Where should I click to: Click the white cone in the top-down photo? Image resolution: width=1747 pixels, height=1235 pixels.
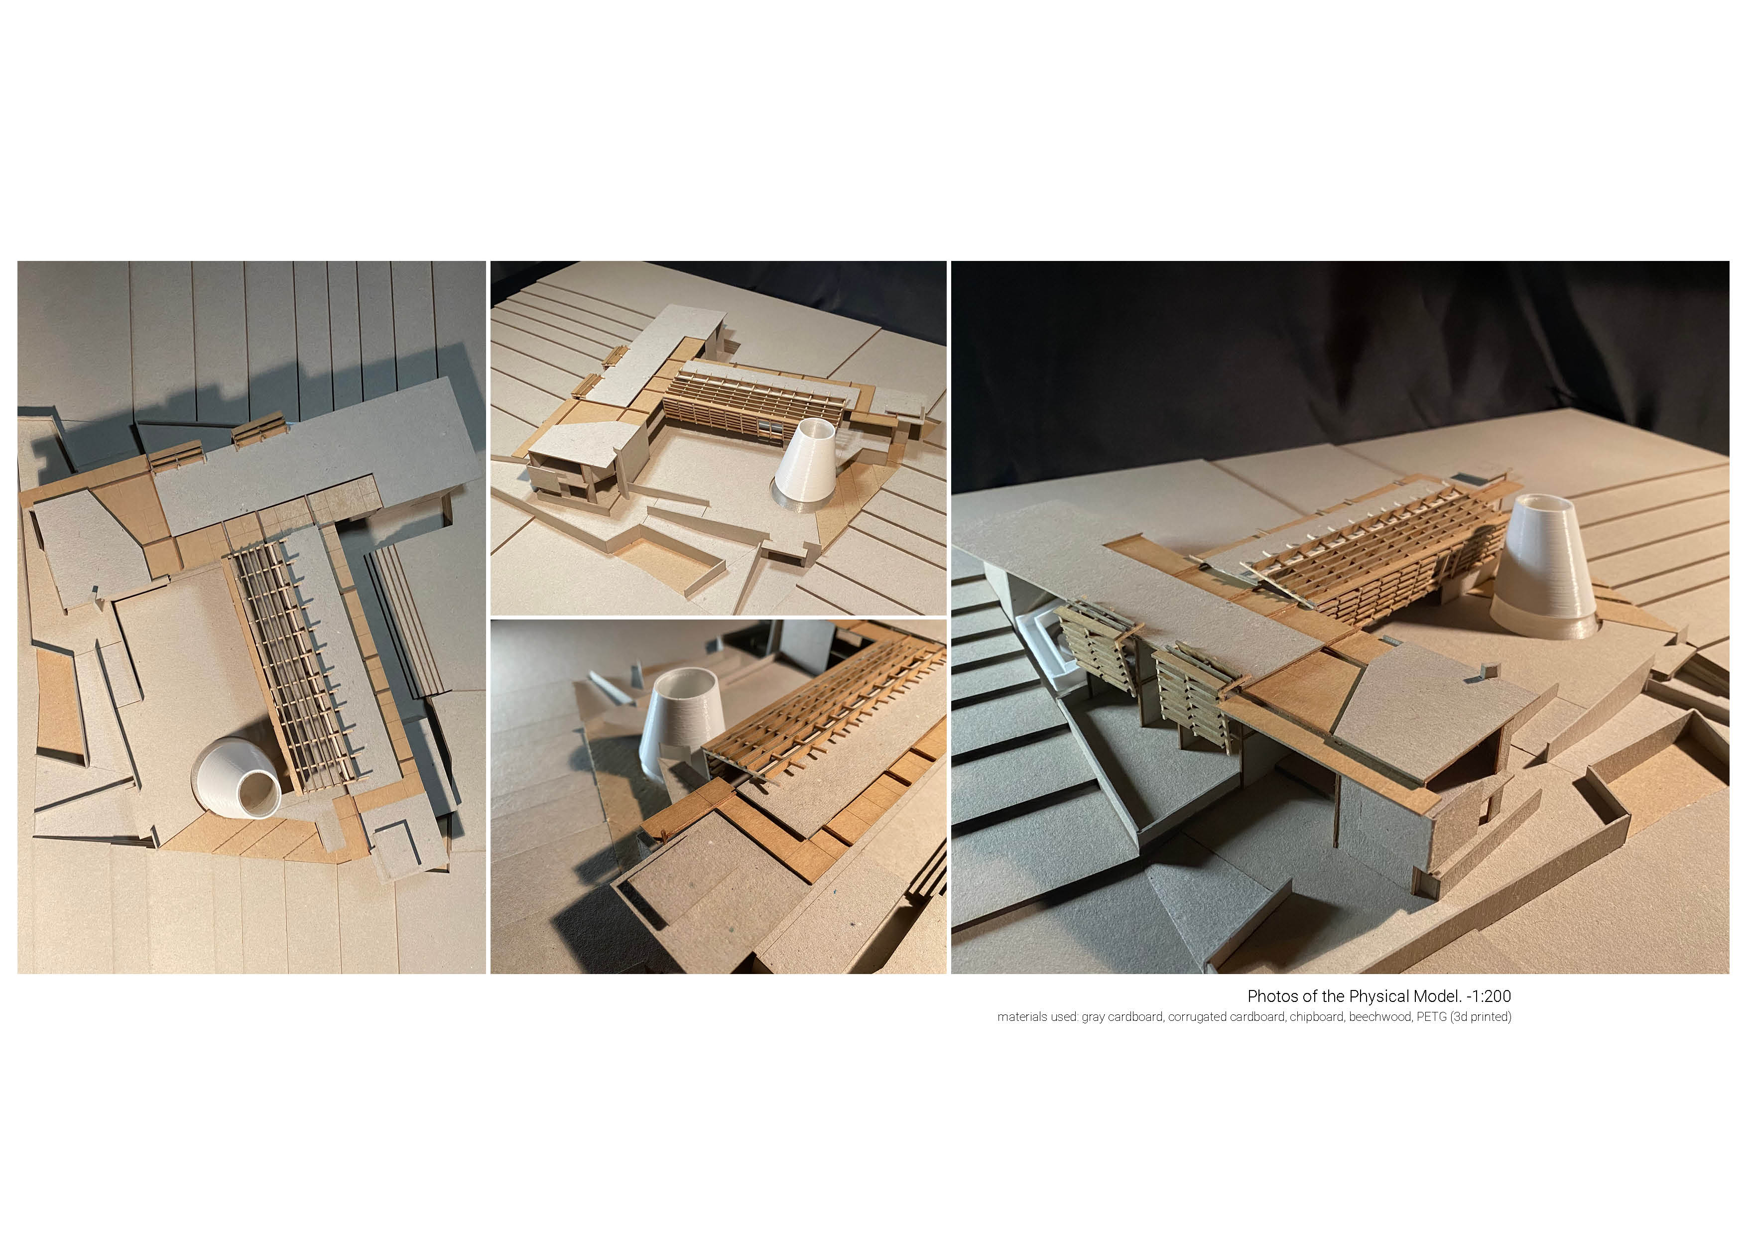(x=236, y=778)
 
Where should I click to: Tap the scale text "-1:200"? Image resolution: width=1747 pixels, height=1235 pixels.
(x=1489, y=996)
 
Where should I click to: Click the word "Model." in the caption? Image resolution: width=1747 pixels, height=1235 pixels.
(x=1435, y=996)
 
